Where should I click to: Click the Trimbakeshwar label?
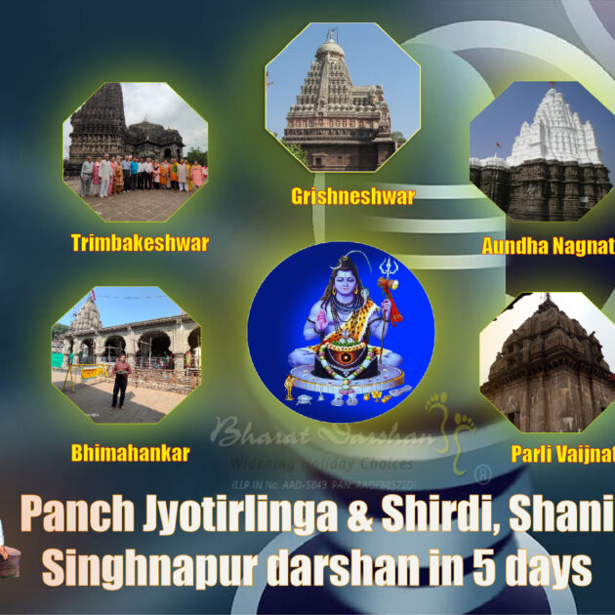[140, 243]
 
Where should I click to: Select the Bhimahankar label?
[130, 453]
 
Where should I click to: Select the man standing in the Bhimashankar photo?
[120, 381]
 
